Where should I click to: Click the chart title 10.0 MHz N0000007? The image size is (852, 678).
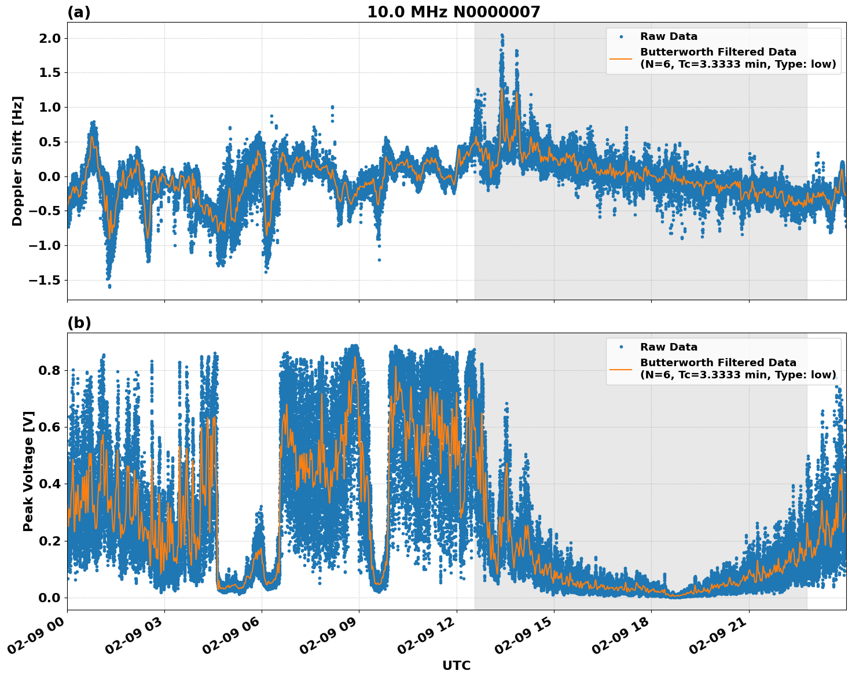click(453, 12)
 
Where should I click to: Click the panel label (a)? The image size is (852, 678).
click(79, 12)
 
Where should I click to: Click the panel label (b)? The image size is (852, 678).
click(79, 323)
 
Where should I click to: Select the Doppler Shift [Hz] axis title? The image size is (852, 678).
click(17, 161)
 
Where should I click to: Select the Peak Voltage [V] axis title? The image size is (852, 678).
click(28, 471)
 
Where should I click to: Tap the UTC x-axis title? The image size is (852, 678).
click(456, 665)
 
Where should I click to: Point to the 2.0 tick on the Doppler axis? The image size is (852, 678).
click(50, 38)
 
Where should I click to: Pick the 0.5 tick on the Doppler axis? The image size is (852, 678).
click(50, 142)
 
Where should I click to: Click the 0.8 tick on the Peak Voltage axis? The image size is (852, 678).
click(50, 370)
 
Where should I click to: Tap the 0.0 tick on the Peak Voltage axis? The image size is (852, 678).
click(50, 598)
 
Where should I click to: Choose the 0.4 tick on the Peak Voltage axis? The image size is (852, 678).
click(50, 484)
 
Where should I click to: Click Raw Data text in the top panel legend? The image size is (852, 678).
click(669, 36)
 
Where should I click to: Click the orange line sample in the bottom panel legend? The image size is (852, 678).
click(621, 369)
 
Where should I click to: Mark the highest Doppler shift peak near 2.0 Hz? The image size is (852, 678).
click(502, 35)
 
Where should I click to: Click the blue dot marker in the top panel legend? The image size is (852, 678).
click(621, 36)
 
